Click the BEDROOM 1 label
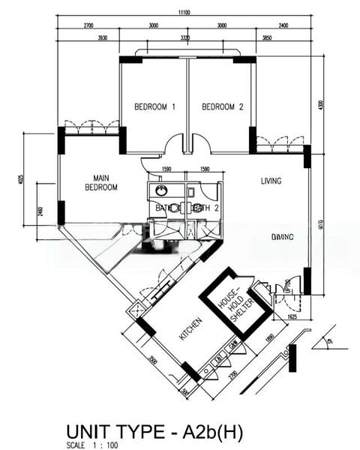coord(154,107)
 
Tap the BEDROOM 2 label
coord(223,107)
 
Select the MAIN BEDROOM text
coord(100,182)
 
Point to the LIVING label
coord(271,181)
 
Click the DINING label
coord(281,237)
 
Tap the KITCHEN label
coord(190,328)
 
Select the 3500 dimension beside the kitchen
coord(149,358)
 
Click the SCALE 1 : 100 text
coord(92,445)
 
